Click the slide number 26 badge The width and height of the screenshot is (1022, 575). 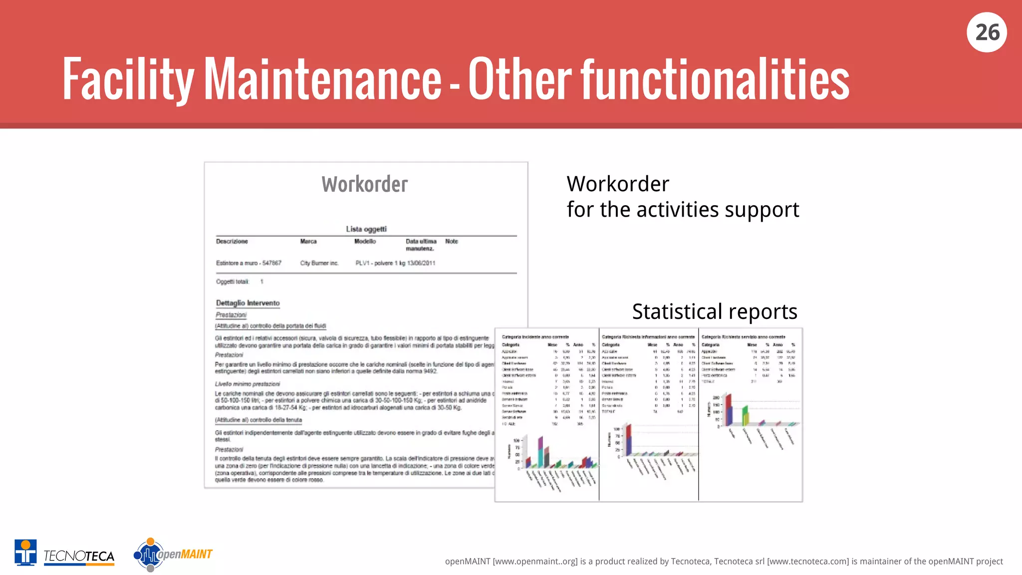pyautogui.click(x=987, y=32)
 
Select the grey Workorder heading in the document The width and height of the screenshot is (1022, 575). pyautogui.click(x=365, y=185)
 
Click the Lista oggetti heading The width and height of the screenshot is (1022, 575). pyautogui.click(x=366, y=229)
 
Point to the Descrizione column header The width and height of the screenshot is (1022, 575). pyautogui.click(x=232, y=242)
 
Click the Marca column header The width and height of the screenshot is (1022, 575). pyautogui.click(x=308, y=242)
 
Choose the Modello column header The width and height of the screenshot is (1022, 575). pyautogui.click(x=365, y=242)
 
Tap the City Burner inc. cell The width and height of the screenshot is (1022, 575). pyautogui.click(x=319, y=263)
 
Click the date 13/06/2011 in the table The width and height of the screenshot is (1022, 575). pyautogui.click(x=421, y=263)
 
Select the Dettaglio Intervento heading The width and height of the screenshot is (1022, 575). pyautogui.click(x=248, y=303)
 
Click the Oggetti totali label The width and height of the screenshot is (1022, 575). pyautogui.click(x=232, y=282)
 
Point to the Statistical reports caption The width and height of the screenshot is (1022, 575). pyautogui.click(x=715, y=312)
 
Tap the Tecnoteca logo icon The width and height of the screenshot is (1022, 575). pyautogui.click(x=25, y=553)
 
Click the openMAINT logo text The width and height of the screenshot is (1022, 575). pyautogui.click(x=185, y=555)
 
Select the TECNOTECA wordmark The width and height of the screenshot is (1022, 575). pyautogui.click(x=79, y=556)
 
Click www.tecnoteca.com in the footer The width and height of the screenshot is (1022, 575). pyautogui.click(x=808, y=562)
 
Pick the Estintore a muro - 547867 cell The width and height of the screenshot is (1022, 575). pyautogui.click(x=249, y=263)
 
